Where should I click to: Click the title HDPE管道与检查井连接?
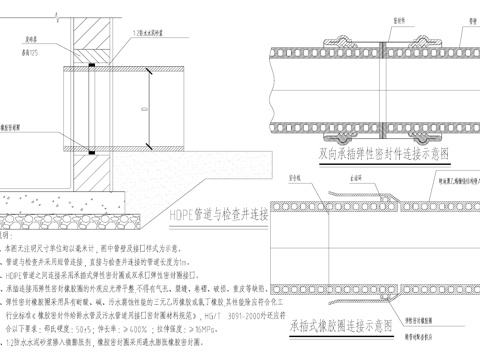[220, 214]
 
